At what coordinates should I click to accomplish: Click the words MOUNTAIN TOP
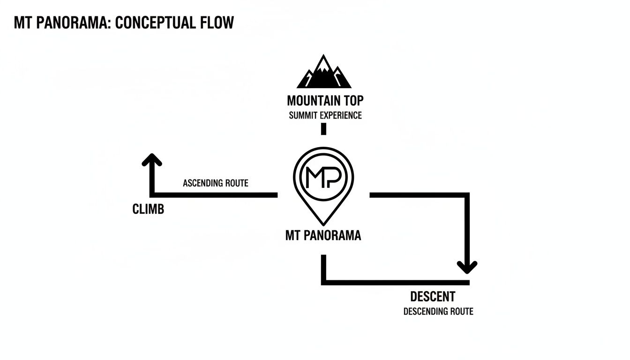click(x=325, y=101)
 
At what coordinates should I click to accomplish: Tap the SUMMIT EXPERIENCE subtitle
click(x=325, y=115)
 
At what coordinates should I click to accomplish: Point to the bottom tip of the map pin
click(x=323, y=223)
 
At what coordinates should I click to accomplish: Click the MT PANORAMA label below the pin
click(x=323, y=235)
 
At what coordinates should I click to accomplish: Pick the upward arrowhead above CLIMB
click(x=152, y=161)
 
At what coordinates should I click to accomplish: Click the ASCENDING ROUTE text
click(x=215, y=183)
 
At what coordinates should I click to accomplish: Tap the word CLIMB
click(x=148, y=210)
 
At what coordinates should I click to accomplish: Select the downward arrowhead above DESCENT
click(x=467, y=267)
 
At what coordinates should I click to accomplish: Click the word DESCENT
click(x=432, y=297)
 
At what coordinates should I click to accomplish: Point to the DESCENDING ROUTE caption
click(x=438, y=311)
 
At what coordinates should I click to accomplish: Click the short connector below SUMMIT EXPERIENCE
click(x=323, y=129)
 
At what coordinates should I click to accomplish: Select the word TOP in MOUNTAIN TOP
click(x=352, y=101)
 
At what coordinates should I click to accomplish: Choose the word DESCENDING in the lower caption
click(x=425, y=311)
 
